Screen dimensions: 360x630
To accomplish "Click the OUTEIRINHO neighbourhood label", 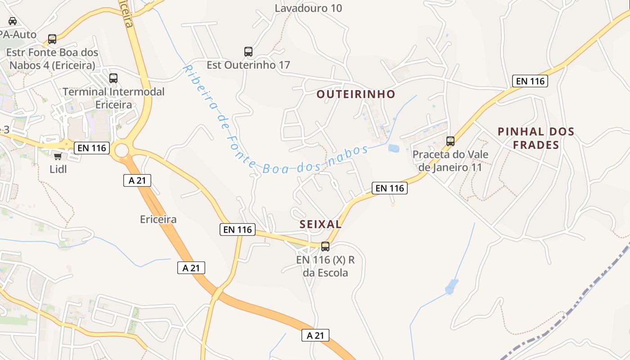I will [355, 94].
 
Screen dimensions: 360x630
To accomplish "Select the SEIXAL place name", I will [320, 224].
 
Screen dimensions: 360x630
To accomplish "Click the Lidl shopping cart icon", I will [58, 156].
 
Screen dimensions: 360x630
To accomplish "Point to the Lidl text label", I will [58, 169].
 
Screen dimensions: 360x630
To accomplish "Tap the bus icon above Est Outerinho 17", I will [248, 52].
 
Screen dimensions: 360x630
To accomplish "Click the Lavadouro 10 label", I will [308, 8].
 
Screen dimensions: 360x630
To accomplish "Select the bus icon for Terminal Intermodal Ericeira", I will [113, 78].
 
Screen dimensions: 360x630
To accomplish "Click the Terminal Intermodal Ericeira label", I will [113, 98].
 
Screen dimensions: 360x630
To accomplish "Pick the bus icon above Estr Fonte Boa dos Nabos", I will [52, 39].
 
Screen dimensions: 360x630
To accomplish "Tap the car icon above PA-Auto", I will [13, 21].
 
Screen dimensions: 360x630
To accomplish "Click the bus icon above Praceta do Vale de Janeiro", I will [450, 141].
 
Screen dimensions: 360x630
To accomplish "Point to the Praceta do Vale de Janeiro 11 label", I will [450, 161].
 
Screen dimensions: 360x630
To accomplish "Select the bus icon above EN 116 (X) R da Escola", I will [325, 247].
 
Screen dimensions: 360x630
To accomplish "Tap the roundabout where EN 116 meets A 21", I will [121, 150].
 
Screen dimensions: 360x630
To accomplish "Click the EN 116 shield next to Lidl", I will [92, 148].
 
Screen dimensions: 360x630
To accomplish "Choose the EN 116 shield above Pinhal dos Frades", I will [530, 81].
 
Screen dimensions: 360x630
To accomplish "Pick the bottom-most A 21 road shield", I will [315, 335].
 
